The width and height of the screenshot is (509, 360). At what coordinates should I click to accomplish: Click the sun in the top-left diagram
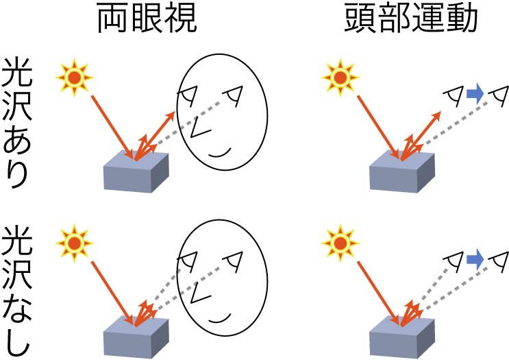click(x=74, y=77)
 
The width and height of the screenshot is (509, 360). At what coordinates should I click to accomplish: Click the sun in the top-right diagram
click(x=340, y=77)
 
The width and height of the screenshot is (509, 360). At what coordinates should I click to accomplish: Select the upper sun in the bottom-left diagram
click(x=74, y=243)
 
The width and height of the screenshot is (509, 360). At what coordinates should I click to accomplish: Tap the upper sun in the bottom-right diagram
click(x=340, y=243)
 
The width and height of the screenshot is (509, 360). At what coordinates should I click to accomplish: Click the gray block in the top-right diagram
click(x=401, y=174)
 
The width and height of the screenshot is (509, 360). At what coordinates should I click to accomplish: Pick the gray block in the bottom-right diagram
click(x=401, y=339)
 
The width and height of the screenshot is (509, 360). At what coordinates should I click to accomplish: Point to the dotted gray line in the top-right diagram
click(x=459, y=119)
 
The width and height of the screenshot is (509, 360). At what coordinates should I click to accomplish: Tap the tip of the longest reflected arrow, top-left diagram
click(x=174, y=112)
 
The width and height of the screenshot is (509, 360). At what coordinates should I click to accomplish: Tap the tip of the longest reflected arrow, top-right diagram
click(x=440, y=112)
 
